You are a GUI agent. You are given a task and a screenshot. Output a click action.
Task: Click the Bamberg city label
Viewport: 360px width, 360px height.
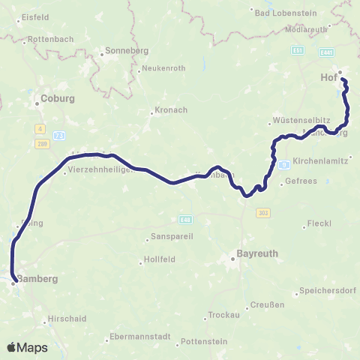pyautogui.click(x=37, y=278)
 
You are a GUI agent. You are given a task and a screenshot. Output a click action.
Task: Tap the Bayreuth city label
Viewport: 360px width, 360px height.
pyautogui.click(x=257, y=254)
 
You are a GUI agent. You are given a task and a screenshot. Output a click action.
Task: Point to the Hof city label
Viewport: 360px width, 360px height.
pyautogui.click(x=328, y=77)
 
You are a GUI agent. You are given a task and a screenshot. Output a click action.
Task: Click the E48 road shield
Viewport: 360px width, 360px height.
pyautogui.click(x=186, y=220)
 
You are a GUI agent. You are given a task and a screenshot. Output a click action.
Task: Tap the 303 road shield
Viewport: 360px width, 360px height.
pyautogui.click(x=262, y=214)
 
